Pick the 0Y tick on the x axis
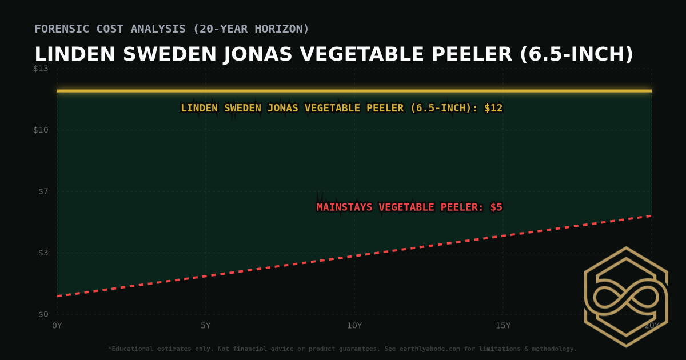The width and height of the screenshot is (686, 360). pos(57,326)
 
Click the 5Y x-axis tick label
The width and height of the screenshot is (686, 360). pos(206,326)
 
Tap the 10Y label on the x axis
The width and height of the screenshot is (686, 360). pos(354,326)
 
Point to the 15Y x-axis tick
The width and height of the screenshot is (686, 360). pos(503,326)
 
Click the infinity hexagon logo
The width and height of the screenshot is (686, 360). pos(625,297)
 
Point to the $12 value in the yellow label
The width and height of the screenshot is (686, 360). pos(493,108)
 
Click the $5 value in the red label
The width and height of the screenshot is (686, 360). pos(496,207)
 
